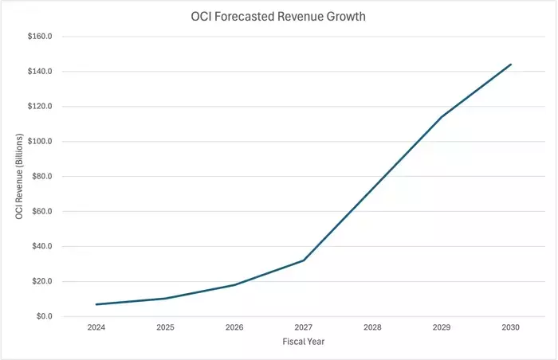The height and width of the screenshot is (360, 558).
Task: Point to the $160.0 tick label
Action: pos(40,37)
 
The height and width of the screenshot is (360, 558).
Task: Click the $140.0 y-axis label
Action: pos(40,72)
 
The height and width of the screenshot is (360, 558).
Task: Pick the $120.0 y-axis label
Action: pos(40,107)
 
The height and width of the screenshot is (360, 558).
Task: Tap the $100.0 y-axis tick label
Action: pos(40,142)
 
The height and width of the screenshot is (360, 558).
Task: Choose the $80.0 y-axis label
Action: pos(41,177)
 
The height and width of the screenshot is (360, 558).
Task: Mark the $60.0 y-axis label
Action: pos(41,212)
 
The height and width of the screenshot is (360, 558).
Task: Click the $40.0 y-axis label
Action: pos(41,247)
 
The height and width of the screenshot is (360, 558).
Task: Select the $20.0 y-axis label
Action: pos(41,282)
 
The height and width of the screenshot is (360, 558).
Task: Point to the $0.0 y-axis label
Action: pos(44,317)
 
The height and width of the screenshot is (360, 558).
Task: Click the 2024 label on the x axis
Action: pos(96,327)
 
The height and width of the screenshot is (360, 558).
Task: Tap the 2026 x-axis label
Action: pos(234,327)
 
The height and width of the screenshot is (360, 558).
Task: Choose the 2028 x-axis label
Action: pos(372,327)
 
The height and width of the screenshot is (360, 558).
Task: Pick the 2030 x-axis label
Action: pos(510,327)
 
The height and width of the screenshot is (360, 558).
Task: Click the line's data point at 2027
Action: pos(304,260)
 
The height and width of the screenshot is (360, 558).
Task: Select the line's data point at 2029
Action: pos(442,117)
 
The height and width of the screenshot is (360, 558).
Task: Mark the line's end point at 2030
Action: pos(510,65)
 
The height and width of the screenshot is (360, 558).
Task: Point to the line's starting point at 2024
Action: pos(96,304)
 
